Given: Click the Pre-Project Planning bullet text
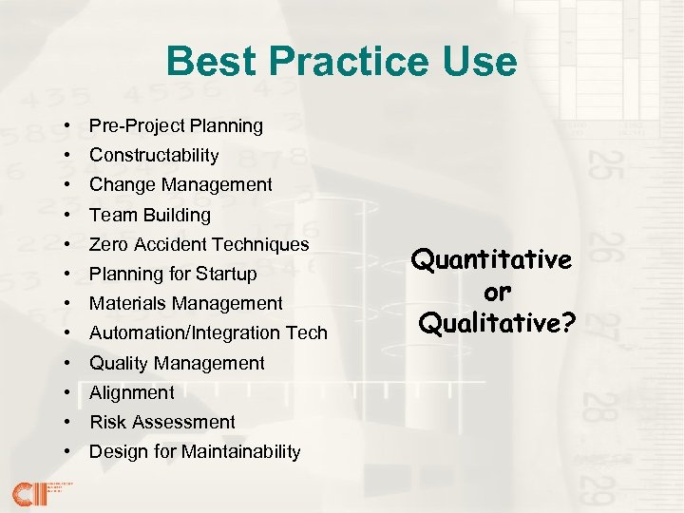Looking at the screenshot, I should click(x=176, y=125).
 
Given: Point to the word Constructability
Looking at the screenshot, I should click(x=154, y=155).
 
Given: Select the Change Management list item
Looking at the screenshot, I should click(x=180, y=184).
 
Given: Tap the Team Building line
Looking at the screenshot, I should click(x=150, y=215).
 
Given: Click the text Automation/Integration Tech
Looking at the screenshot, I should click(x=208, y=332).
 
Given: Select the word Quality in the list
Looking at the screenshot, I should click(x=119, y=363).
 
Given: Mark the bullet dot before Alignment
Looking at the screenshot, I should click(x=71, y=392).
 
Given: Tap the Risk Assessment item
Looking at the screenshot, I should click(x=162, y=422).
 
